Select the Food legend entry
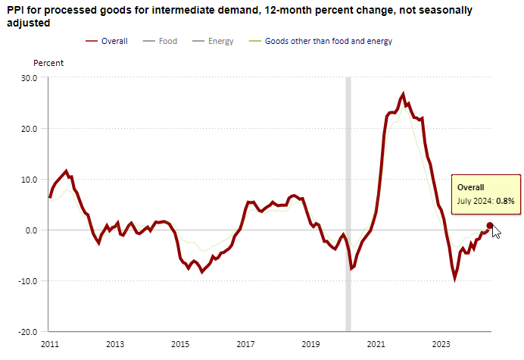coord(167,41)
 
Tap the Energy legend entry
coord(220,41)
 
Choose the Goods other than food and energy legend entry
coord(328,41)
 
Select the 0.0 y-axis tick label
coord(31,230)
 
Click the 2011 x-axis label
coord(49,345)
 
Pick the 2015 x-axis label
coord(180,345)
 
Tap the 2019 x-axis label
coord(311,345)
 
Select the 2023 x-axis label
coord(441,345)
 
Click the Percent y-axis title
coord(48,63)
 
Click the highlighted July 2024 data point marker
coord(490,225)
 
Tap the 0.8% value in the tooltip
coord(506,201)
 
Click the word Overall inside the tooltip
coord(470,186)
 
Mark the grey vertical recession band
coord(348,204)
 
